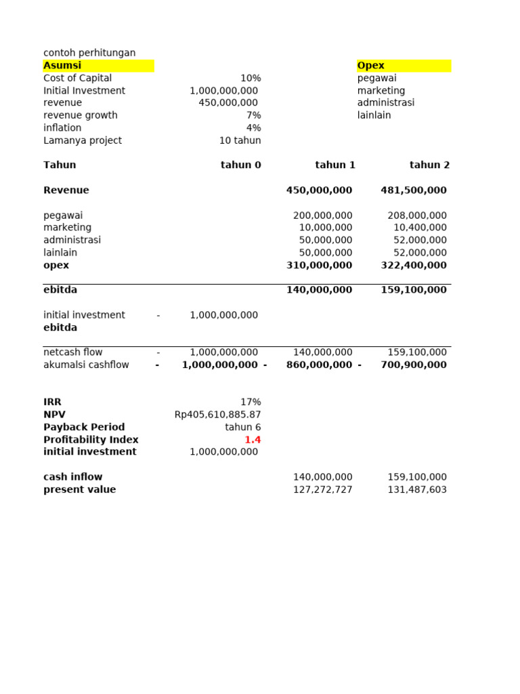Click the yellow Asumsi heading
point(63,66)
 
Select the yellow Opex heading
point(371,66)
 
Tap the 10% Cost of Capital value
point(251,78)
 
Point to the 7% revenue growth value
point(253,115)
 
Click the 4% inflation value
point(253,127)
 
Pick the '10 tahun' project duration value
point(240,140)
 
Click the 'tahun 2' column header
point(429,165)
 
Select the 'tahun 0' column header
point(240,165)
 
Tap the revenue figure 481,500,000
point(414,190)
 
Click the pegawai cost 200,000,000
point(322,216)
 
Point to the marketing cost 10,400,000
point(420,228)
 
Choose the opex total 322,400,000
point(414,265)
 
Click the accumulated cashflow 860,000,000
point(319,365)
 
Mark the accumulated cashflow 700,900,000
point(414,365)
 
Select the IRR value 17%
point(251,402)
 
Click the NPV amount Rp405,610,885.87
point(217,415)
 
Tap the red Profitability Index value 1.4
point(253,440)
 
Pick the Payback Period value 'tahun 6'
point(243,427)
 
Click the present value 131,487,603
point(417,489)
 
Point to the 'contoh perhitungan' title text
point(89,53)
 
